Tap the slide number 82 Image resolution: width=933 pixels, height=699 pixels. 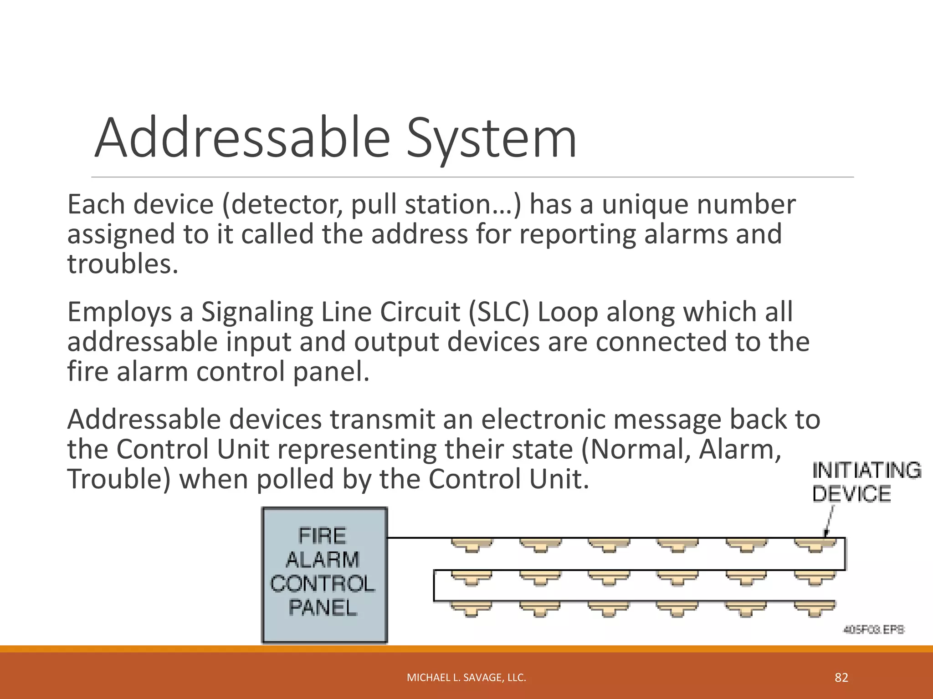coord(841,678)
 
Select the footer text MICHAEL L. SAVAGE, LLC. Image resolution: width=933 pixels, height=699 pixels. coord(466,678)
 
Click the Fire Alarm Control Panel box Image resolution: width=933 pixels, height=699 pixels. coord(324,575)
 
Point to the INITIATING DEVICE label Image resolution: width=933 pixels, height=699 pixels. coord(866,482)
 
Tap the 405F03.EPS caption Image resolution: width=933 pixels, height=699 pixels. coord(874,630)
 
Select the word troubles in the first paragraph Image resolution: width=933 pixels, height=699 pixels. coord(122,264)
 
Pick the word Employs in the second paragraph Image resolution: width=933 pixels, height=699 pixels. coord(119,313)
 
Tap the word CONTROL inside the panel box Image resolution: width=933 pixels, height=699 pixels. coord(323,584)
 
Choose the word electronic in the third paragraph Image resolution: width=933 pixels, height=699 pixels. coord(543,419)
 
